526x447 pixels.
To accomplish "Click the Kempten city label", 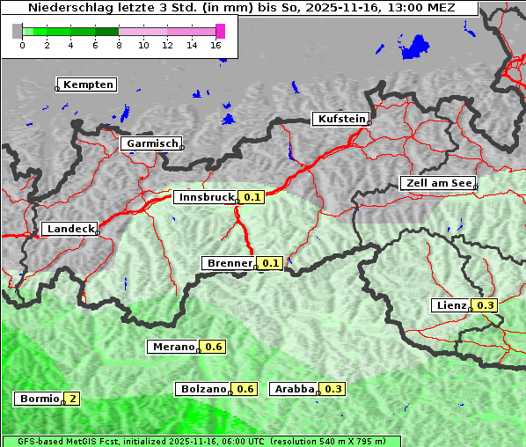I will tap(88, 84).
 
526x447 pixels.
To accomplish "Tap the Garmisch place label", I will tap(152, 143).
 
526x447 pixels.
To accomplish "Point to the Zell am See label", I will tap(437, 183).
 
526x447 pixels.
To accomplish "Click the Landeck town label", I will tap(69, 229).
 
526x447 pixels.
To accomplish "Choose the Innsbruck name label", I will tap(206, 197).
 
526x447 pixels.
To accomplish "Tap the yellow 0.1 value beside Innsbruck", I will tap(252, 197).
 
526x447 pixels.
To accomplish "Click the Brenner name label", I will tap(229, 263).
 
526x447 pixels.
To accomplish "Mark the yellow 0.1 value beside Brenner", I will tap(270, 263).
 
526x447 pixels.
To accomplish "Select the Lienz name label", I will tap(451, 305).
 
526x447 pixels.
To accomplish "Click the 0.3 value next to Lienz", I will tap(486, 305).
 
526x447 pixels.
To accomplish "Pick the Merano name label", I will tap(172, 347).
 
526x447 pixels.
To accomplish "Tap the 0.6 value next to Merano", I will tap(214, 347).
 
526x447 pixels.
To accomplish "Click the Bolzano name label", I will tap(204, 389).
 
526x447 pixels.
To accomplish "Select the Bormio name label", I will tap(39, 399).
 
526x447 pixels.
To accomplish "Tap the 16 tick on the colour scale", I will tap(216, 45).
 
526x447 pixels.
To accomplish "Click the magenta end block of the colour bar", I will tap(220, 31).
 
